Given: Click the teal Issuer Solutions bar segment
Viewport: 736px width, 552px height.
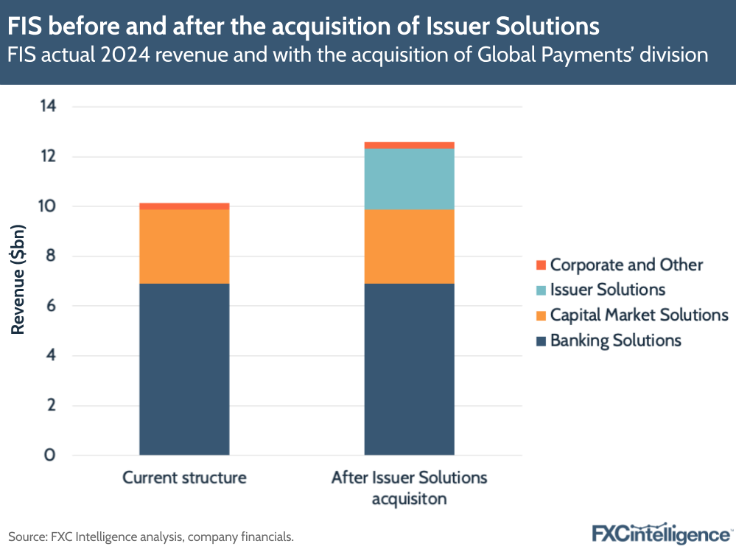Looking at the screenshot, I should click(409, 179).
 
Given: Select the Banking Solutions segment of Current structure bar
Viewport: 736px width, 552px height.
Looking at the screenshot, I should click(184, 368).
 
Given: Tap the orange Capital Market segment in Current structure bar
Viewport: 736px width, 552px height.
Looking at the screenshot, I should click(184, 246).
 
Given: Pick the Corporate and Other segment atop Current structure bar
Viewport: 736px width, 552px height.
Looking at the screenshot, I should click(184, 206).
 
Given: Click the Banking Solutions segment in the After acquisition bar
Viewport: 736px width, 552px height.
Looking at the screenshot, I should click(409, 368).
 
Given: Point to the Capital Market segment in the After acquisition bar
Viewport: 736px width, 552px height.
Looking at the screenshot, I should click(409, 246).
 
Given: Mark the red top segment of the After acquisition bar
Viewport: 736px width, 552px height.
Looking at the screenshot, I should click(409, 145).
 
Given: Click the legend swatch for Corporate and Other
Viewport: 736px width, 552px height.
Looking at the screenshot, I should click(541, 265).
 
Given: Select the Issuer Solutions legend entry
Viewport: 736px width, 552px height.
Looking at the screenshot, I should click(608, 290).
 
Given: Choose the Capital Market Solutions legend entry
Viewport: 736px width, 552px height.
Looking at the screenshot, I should click(639, 315).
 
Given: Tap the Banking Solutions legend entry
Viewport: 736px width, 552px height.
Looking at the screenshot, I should click(615, 340).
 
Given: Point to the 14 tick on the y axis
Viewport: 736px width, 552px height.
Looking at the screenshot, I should click(48, 107).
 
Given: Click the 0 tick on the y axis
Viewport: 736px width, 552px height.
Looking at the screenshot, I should click(50, 455).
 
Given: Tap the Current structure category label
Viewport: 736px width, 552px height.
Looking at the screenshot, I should click(184, 478).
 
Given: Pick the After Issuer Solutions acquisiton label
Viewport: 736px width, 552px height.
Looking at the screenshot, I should click(409, 487).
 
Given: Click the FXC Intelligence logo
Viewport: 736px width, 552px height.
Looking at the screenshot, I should click(661, 533).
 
